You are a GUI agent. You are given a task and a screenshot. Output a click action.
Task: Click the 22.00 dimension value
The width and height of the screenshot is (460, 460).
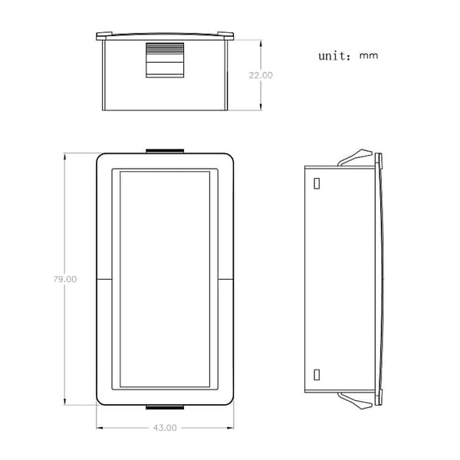pos(261,75)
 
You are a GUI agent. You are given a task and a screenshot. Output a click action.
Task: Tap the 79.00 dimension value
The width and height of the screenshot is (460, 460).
pos(65,279)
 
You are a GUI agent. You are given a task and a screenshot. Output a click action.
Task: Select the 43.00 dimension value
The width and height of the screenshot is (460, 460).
pos(165,428)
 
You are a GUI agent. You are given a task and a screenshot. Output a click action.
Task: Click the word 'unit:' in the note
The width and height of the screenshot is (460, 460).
pos(334,56)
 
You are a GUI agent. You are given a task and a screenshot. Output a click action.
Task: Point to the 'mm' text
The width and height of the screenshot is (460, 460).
pos(369,56)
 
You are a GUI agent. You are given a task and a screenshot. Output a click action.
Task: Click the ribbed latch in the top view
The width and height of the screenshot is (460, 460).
pos(165,60)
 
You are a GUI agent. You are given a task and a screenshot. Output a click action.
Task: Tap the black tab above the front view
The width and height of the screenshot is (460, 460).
pos(165,151)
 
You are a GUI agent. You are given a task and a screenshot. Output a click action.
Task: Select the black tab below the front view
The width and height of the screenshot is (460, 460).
pos(165,407)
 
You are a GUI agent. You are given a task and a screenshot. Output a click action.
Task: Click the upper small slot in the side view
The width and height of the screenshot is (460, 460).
pos(317,183)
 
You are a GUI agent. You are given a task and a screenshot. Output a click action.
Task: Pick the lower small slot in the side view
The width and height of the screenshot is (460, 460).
pos(317,375)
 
